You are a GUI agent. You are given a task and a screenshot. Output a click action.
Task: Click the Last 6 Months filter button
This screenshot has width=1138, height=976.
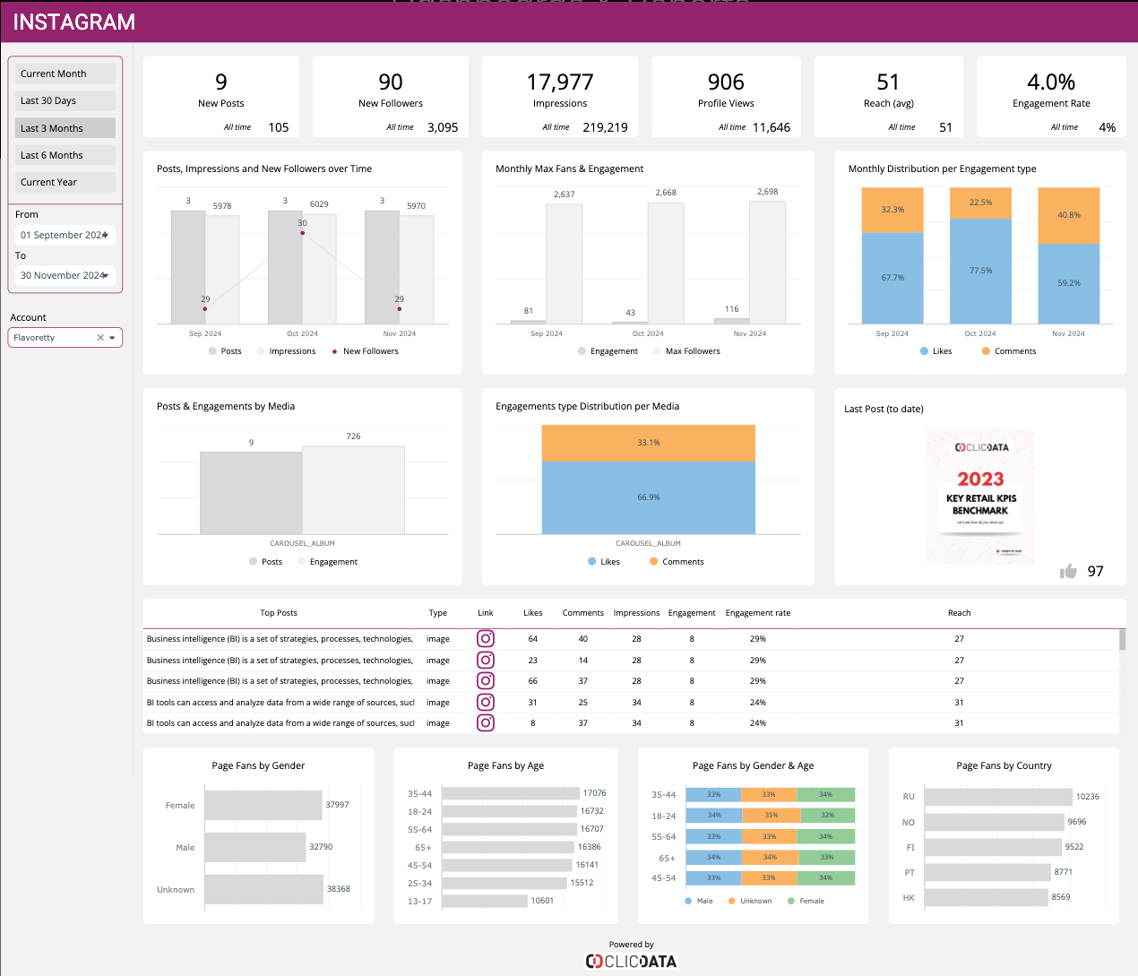click(65, 155)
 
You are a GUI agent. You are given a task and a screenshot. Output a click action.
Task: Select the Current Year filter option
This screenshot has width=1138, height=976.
click(65, 182)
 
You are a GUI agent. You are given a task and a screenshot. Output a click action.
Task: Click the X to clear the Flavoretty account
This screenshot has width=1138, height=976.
click(100, 338)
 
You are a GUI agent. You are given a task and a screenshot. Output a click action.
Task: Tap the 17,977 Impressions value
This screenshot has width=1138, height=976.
click(560, 82)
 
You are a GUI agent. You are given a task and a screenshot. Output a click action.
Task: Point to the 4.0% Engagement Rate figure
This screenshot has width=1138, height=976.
click(1051, 82)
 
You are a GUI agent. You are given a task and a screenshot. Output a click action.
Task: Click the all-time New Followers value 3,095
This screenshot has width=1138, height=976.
click(443, 127)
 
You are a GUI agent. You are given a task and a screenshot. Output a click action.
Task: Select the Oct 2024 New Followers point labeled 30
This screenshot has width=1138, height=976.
click(302, 233)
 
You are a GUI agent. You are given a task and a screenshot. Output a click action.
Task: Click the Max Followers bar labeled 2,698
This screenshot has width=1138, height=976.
click(767, 262)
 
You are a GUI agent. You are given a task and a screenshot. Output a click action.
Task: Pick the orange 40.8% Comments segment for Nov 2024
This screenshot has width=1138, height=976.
click(1068, 215)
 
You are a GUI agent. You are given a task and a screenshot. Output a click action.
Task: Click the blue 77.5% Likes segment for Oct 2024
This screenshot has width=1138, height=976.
click(980, 271)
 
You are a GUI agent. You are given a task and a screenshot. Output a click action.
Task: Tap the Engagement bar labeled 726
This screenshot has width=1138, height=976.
click(353, 489)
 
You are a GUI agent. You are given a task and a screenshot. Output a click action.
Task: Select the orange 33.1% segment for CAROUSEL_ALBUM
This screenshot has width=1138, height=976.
click(648, 443)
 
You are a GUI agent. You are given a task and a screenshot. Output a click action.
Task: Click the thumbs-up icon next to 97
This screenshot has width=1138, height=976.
click(1068, 572)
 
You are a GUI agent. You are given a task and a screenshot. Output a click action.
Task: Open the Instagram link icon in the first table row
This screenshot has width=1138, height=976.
click(486, 639)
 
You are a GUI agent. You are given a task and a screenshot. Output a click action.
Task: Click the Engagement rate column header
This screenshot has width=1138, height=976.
click(758, 613)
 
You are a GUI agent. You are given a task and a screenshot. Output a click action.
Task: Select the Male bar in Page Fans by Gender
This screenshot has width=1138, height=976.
click(255, 847)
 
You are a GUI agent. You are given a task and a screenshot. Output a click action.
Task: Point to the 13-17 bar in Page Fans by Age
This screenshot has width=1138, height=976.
click(485, 901)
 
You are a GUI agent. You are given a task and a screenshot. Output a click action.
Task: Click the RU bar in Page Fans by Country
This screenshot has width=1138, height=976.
click(998, 797)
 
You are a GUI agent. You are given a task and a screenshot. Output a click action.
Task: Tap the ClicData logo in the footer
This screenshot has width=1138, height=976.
click(632, 961)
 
